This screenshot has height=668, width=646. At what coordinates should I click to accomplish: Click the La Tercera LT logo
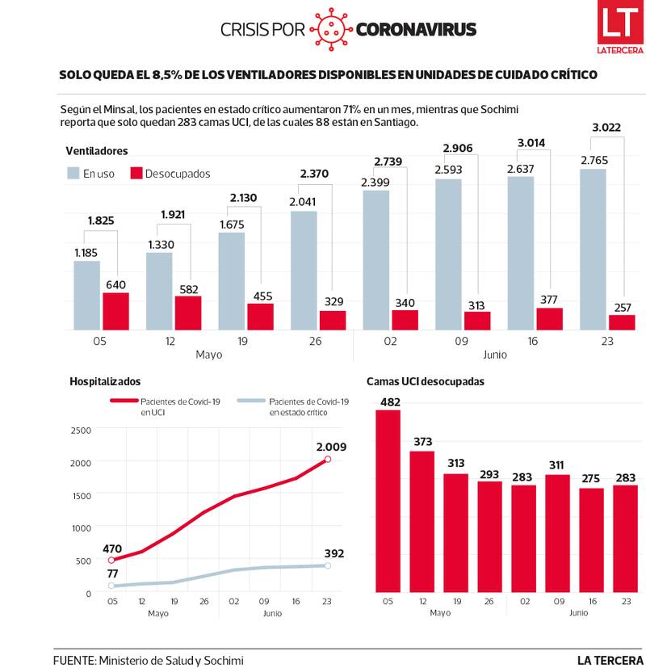(619, 30)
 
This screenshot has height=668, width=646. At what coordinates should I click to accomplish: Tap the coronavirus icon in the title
(331, 30)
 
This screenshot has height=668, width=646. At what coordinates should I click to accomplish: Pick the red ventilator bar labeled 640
(115, 311)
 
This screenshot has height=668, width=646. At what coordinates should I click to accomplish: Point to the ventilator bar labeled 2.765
(594, 249)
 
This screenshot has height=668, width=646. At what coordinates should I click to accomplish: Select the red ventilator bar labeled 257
(622, 321)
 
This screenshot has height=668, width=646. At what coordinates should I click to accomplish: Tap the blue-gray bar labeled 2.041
(304, 270)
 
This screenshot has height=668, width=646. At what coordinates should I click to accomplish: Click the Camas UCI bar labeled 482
(388, 501)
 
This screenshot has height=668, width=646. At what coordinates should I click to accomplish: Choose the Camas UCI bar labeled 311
(557, 533)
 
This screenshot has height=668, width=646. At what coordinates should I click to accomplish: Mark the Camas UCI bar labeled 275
(591, 540)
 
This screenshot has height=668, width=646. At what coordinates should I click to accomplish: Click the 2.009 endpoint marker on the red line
(328, 460)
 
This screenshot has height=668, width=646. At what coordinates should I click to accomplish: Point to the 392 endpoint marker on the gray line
(328, 565)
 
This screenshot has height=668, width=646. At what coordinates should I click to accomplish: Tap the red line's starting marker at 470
(112, 560)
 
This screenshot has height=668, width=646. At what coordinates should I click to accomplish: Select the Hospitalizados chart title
(105, 381)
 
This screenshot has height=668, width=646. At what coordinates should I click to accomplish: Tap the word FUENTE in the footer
(73, 660)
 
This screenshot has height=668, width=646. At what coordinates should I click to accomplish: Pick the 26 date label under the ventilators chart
(315, 342)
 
